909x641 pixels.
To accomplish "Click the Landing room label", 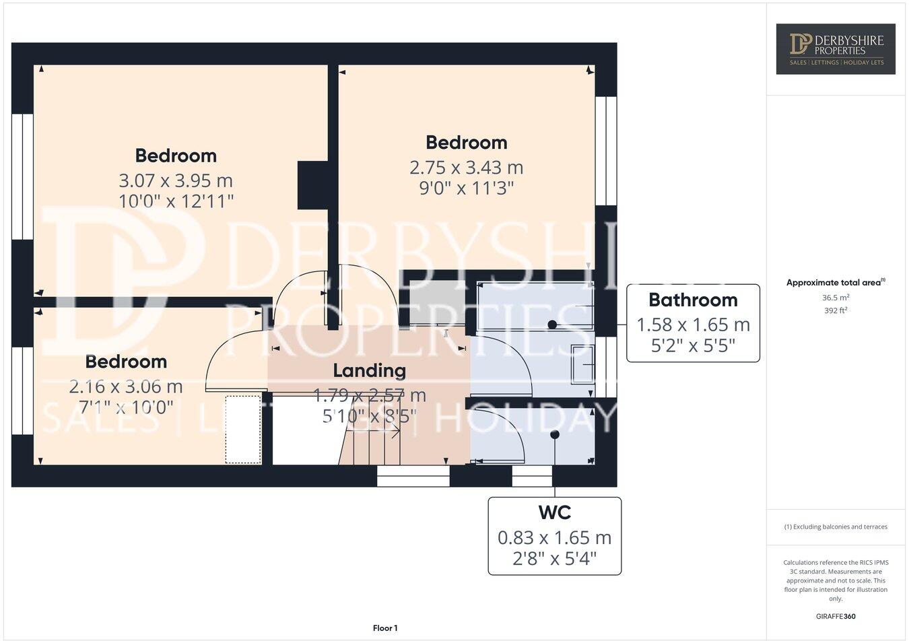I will click(370, 370).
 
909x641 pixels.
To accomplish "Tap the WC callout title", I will click(554, 512).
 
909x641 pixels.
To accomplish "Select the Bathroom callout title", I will click(693, 300).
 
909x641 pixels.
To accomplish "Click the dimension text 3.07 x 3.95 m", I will click(176, 180).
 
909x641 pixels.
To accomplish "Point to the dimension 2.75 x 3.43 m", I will click(466, 167).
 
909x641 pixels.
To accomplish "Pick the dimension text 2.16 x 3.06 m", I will click(126, 386).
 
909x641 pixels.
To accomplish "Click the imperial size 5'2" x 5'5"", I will click(693, 346).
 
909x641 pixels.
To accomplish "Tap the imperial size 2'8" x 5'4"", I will click(554, 559).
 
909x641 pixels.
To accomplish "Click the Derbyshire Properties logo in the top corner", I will click(836, 48).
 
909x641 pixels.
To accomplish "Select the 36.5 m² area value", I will click(835, 297).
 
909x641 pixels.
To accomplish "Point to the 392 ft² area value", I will click(835, 310).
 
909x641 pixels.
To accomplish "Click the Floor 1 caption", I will click(385, 628).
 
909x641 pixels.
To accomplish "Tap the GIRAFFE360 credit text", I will click(835, 616).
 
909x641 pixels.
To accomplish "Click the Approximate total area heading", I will click(835, 283).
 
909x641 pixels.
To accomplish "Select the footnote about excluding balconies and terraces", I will click(835, 527).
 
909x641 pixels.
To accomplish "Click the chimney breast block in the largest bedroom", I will click(312, 184).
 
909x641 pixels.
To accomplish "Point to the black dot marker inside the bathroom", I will click(552, 325).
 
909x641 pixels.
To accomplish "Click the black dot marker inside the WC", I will click(555, 435).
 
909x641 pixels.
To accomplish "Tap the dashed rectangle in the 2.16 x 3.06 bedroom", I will click(243, 429).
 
